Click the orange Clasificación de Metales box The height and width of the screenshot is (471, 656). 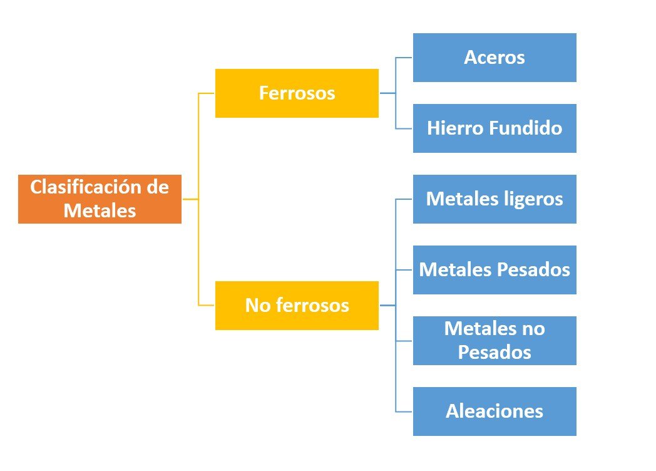tap(100, 199)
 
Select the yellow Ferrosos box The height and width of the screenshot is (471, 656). tap(297, 93)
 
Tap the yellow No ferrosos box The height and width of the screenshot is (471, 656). tap(297, 306)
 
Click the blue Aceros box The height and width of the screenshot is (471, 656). tap(495, 58)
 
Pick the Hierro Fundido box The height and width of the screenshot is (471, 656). tap(495, 128)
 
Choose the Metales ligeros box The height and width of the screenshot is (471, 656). tap(495, 199)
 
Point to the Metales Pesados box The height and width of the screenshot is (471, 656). tap(495, 270)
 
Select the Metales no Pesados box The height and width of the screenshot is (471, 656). tap(495, 341)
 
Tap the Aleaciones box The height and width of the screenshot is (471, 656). tap(495, 411)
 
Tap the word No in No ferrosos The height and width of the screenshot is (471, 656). tap(256, 306)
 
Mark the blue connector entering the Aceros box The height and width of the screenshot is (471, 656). tap(404, 58)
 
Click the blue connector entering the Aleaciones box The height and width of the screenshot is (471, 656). tap(404, 411)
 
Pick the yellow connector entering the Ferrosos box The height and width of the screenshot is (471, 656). tap(207, 93)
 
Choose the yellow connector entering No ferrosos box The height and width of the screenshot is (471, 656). tap(207, 306)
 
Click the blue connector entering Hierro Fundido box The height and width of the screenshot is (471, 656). tap(404, 128)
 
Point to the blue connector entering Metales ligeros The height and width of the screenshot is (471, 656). tap(404, 199)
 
